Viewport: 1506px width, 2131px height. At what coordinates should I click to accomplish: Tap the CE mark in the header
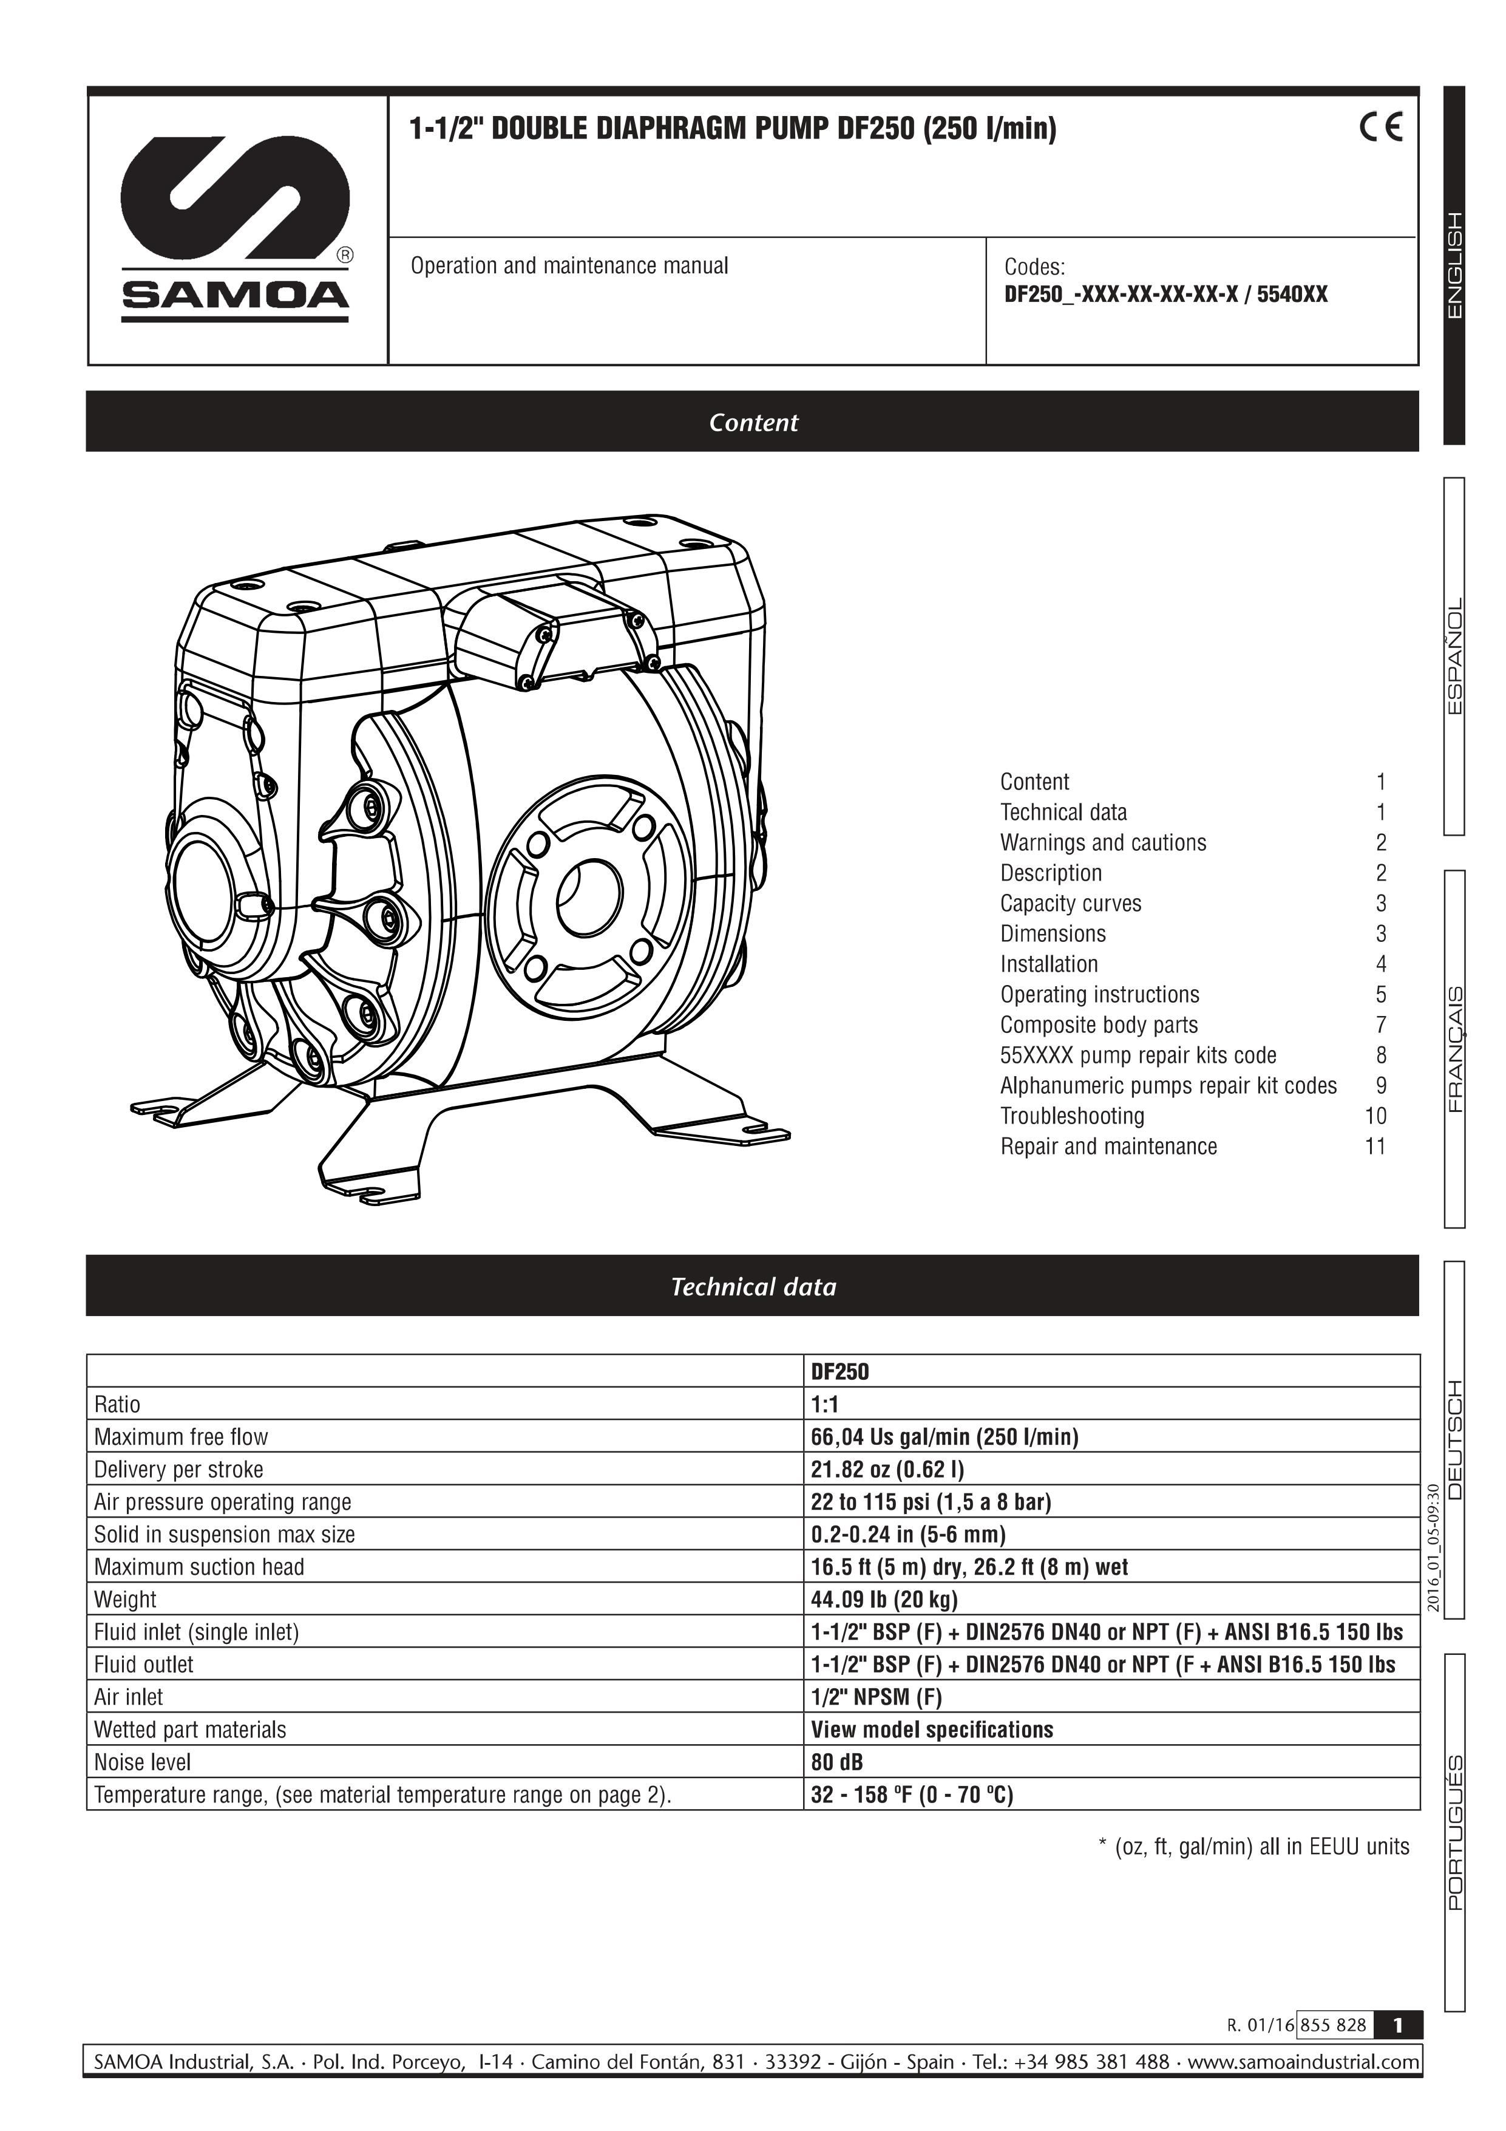point(1382,126)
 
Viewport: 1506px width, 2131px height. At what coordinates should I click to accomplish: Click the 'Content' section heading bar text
point(753,422)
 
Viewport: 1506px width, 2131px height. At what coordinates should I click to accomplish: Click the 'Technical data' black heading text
point(753,1286)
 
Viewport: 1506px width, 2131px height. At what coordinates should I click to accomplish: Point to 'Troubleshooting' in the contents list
point(1072,1116)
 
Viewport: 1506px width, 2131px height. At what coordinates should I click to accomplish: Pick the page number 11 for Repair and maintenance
point(1375,1146)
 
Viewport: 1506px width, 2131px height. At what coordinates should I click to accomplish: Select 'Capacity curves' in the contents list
point(1070,903)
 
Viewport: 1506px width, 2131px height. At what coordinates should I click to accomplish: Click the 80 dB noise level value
point(837,1762)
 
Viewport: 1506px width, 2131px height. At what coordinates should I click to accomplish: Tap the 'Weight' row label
point(125,1599)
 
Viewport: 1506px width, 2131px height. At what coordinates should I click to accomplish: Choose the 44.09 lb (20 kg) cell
point(883,1599)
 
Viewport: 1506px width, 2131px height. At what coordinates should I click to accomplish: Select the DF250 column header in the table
point(839,1372)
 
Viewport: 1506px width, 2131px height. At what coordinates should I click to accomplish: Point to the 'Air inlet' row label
point(128,1697)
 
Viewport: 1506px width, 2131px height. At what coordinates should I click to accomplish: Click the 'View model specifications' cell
point(932,1729)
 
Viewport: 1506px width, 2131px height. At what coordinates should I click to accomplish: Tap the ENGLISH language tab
point(1454,265)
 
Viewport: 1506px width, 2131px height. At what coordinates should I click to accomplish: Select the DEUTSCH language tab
point(1454,1439)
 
